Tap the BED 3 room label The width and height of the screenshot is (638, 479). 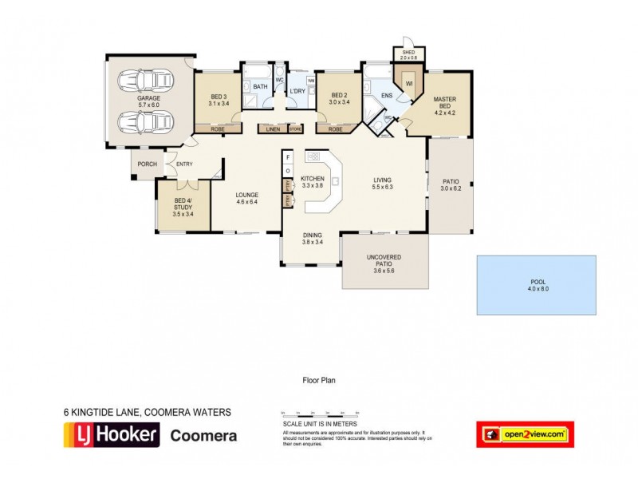[219, 100]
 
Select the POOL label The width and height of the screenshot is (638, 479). [536, 285]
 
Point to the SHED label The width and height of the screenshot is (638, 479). [408, 55]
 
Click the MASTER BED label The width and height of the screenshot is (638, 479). [444, 105]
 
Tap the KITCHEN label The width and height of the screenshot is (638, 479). [313, 182]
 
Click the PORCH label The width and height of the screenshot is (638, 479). [147, 164]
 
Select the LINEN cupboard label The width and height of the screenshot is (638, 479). [272, 129]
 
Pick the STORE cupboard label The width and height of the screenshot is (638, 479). [295, 129]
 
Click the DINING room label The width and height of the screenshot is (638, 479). [312, 239]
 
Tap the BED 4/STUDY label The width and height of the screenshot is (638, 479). [183, 208]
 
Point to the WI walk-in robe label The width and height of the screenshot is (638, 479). [409, 83]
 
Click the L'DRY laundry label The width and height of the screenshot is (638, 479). [297, 92]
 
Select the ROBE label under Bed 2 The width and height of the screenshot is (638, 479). [335, 129]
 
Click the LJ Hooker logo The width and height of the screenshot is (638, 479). [112, 435]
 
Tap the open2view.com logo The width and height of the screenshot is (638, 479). [525, 434]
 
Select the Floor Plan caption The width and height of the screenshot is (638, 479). [318, 381]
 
